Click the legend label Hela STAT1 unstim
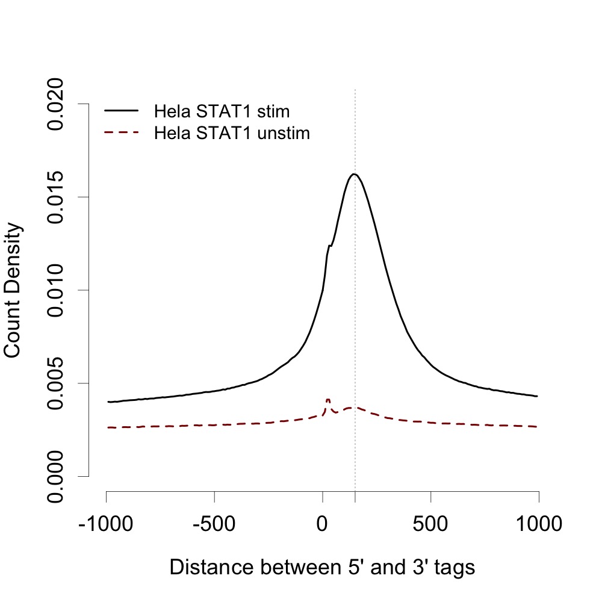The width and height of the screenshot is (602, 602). coord(232,133)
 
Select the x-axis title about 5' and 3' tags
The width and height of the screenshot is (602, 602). coord(323,567)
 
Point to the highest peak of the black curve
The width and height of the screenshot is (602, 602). coord(355,174)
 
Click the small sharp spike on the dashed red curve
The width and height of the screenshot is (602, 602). coord(328,399)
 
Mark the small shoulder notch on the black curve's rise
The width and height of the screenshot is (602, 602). coord(329,245)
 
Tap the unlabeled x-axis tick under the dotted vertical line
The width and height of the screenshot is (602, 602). coord(355,496)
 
